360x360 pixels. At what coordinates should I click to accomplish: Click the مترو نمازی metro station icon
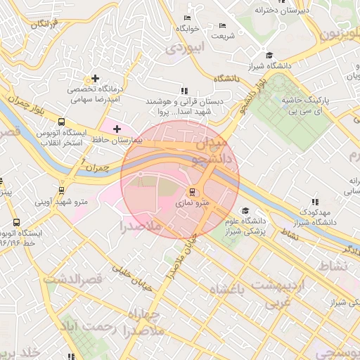click(191, 192)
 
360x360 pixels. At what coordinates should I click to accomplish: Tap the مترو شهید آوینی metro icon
click(63, 190)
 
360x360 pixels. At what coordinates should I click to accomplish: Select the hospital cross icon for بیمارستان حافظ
click(117, 129)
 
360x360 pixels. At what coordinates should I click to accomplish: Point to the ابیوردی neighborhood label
click(184, 49)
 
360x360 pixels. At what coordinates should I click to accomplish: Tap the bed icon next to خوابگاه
click(186, 18)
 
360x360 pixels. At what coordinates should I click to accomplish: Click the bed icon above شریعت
click(224, 25)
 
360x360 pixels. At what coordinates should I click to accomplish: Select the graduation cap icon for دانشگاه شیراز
click(269, 56)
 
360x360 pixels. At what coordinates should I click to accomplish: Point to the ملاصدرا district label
click(141, 227)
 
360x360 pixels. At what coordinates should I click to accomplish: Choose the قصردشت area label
click(72, 279)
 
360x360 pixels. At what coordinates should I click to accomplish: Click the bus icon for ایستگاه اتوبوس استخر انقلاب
click(63, 122)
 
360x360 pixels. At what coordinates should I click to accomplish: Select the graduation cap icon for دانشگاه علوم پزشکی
click(245, 210)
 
